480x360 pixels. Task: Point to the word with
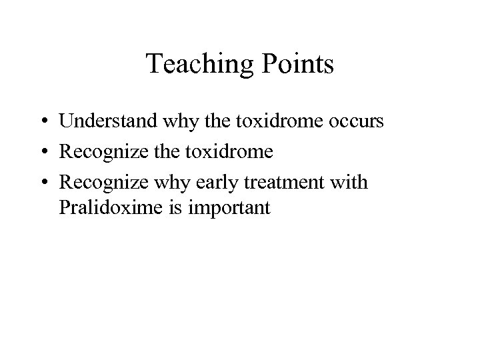pos(347,181)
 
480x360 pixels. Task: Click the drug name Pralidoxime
pos(105,208)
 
